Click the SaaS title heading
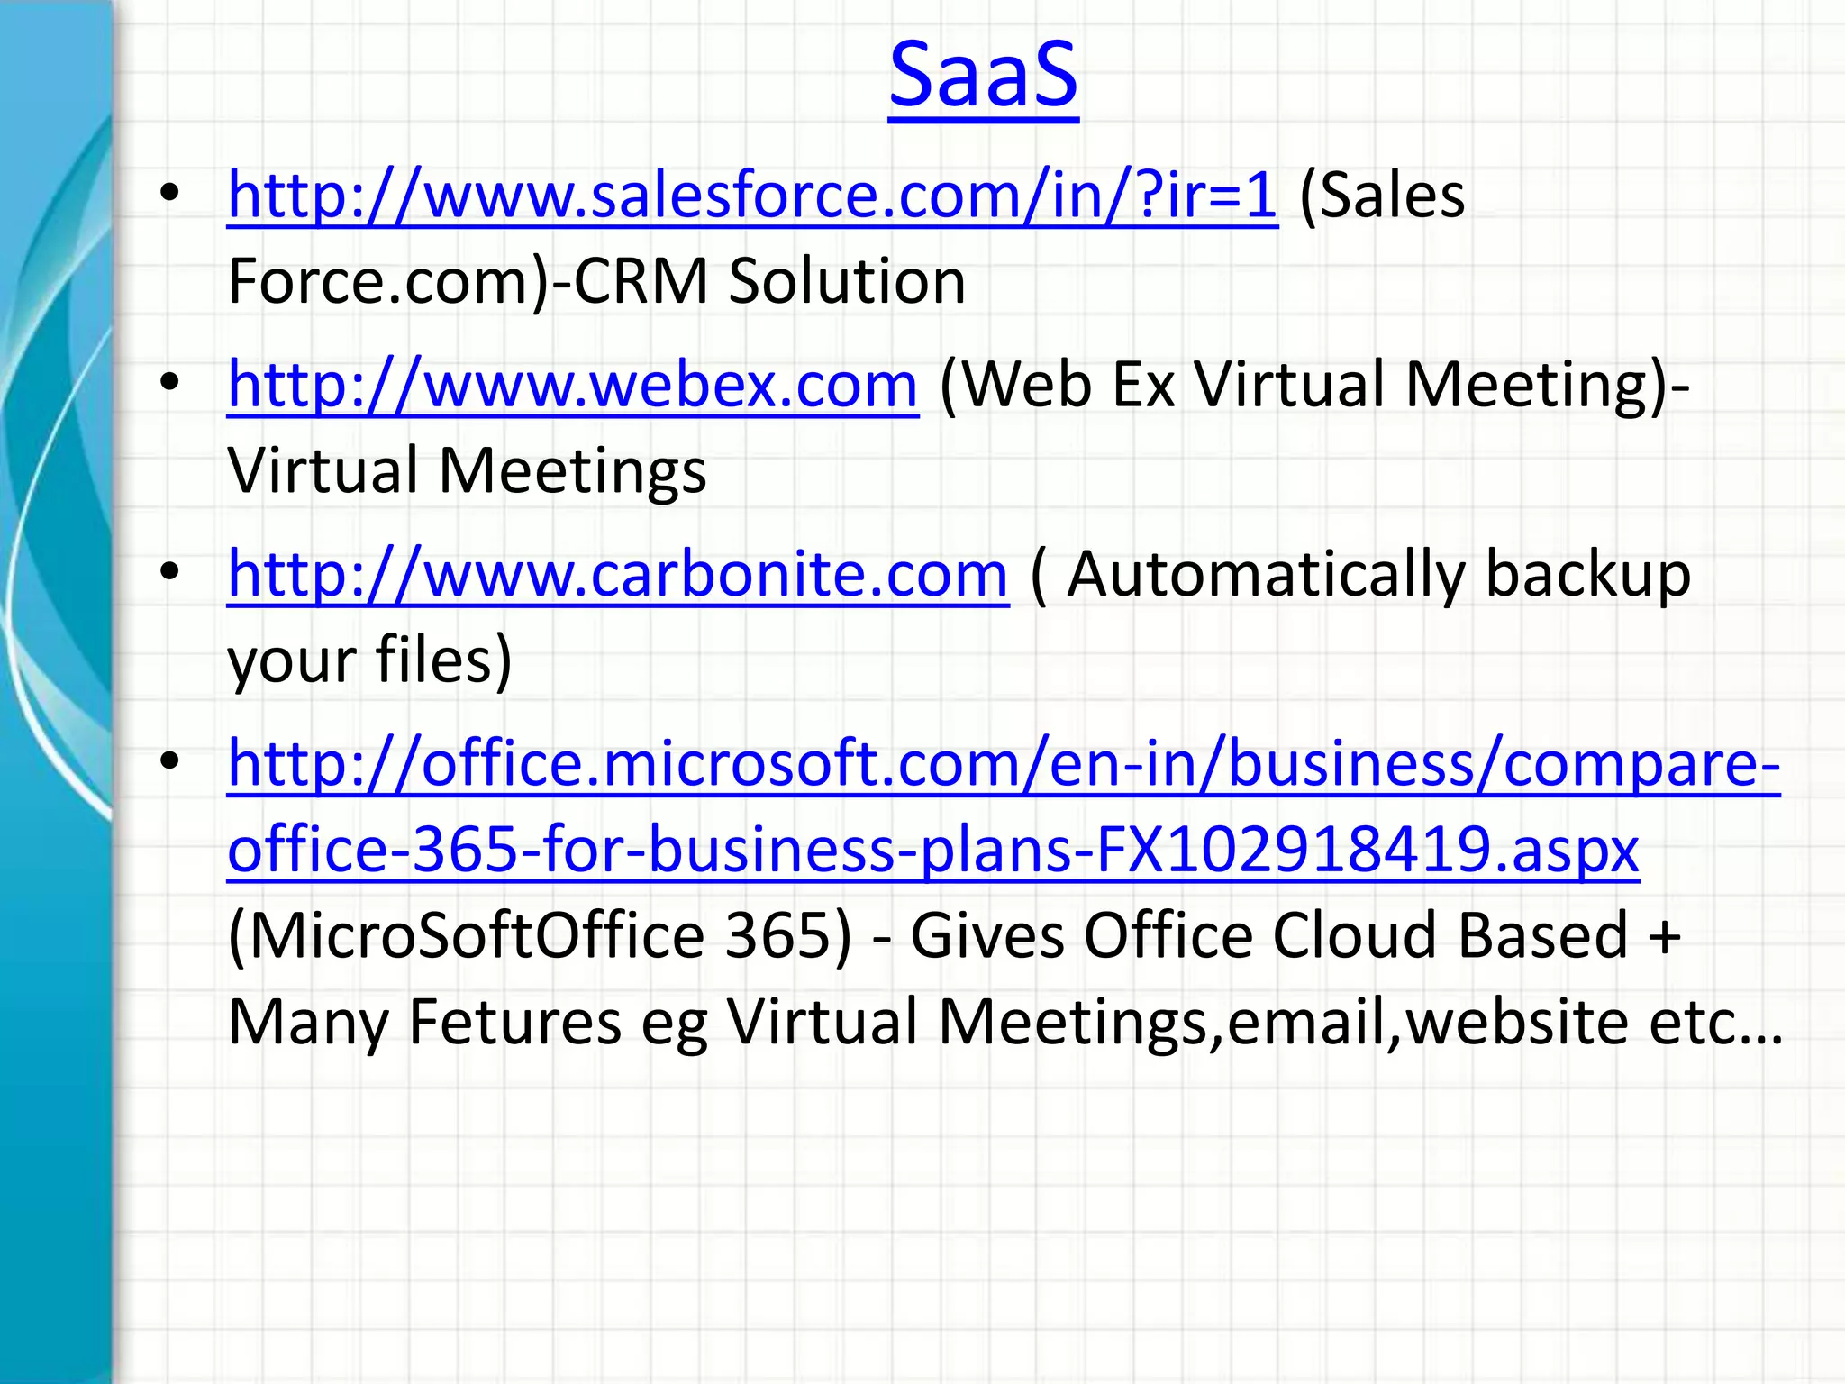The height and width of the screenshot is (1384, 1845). tap(983, 74)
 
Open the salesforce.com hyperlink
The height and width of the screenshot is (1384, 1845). tap(752, 195)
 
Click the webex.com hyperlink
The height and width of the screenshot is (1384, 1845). tap(573, 385)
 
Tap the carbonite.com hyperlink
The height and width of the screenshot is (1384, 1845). tap(618, 574)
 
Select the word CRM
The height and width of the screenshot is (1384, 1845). tap(641, 281)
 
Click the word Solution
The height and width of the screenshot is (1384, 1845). tap(847, 281)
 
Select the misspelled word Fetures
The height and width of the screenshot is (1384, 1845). tap(514, 1022)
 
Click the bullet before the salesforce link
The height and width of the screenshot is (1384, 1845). tap(169, 195)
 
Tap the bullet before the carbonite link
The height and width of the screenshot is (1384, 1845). tap(169, 574)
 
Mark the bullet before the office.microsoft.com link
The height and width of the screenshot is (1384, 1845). tap(169, 763)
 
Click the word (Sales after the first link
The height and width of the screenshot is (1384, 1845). tap(1382, 195)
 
